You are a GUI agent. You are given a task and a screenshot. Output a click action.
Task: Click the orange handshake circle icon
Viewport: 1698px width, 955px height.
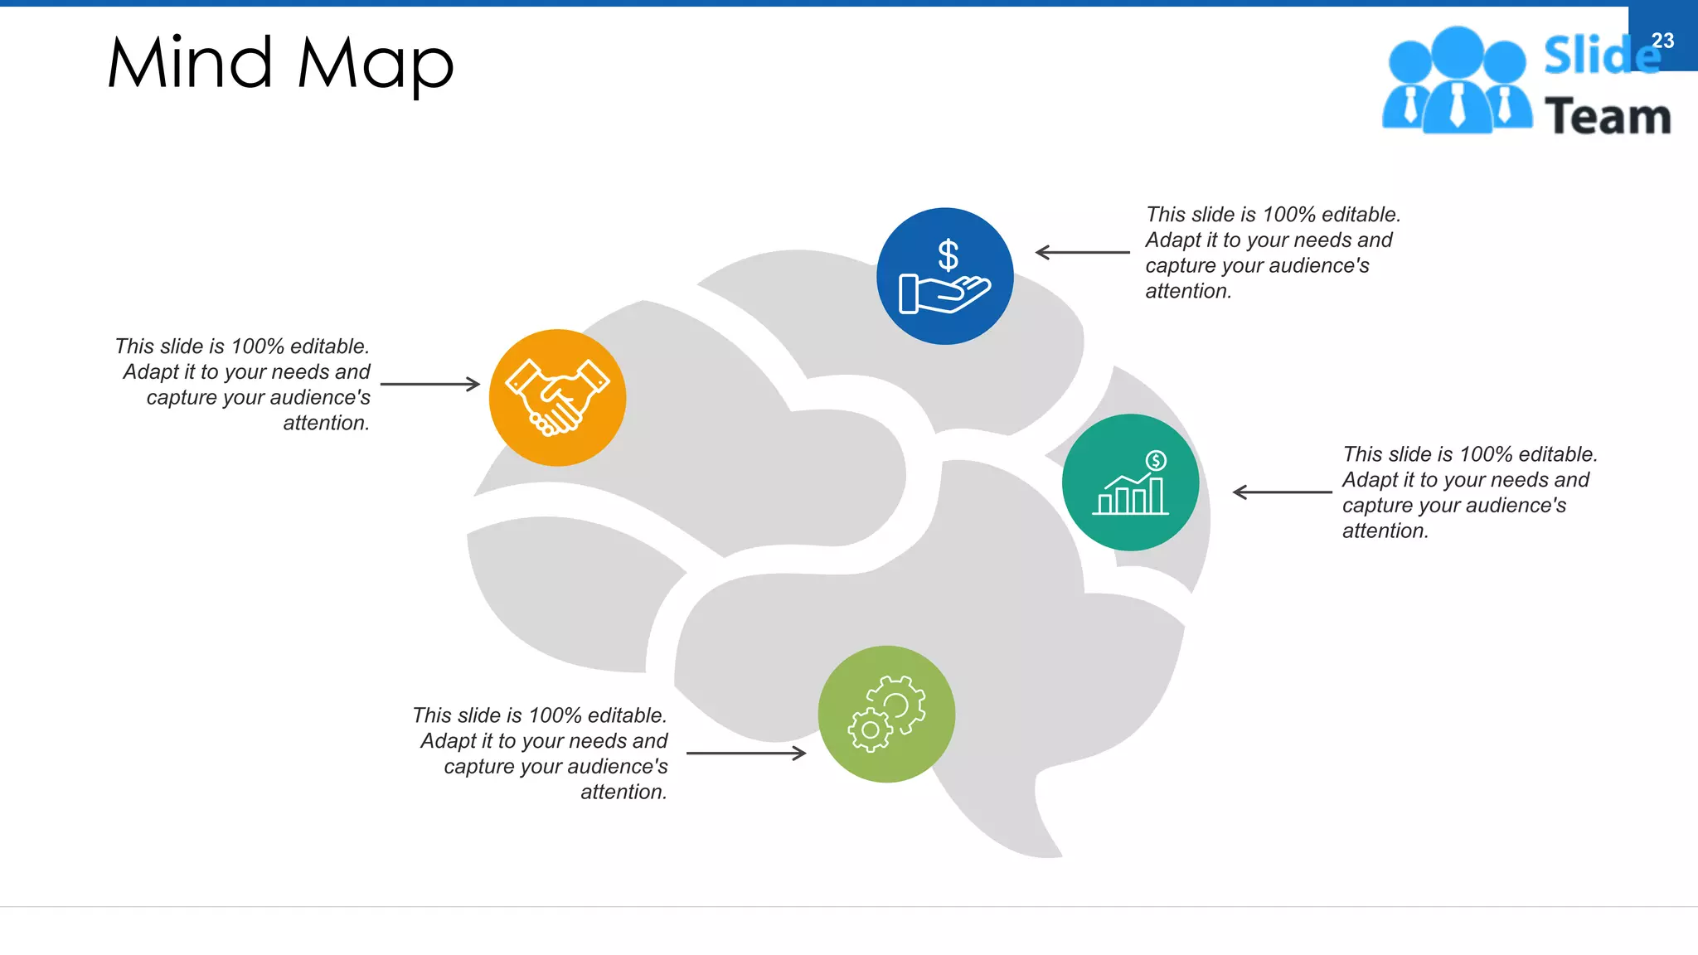557,398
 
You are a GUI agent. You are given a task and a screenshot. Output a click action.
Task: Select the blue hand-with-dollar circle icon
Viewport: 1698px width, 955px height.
944,276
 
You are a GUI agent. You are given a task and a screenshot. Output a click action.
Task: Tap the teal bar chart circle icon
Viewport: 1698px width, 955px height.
1130,482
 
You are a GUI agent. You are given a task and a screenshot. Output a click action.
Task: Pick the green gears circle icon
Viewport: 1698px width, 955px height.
886,714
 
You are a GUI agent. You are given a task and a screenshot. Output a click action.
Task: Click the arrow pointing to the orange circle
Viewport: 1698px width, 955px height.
430,384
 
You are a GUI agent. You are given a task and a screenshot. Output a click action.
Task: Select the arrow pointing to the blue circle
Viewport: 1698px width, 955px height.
1083,252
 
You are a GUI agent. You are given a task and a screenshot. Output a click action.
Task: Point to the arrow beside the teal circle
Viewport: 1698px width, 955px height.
1282,492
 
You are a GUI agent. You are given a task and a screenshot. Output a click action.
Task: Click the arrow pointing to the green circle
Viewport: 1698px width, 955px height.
746,753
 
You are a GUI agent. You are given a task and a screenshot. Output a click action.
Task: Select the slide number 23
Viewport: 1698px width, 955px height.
1662,41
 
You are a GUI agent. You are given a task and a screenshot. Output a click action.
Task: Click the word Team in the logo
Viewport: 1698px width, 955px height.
1607,117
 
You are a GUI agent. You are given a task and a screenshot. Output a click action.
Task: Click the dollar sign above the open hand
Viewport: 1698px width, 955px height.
948,255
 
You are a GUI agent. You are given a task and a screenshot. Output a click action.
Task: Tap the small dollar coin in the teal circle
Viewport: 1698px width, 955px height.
1156,460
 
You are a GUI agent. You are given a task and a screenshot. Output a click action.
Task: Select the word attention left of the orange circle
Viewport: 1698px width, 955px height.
325,423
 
